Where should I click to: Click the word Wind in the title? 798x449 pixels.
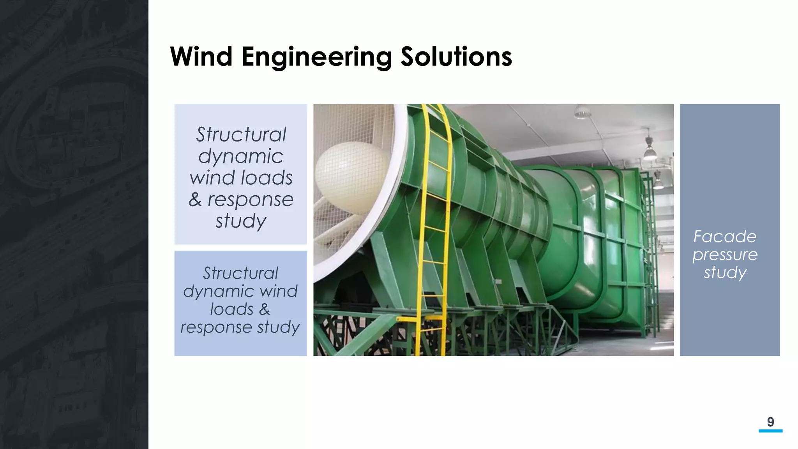[x=201, y=57]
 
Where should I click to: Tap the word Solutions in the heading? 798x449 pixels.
[x=456, y=57]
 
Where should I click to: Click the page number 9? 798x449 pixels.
[x=770, y=422]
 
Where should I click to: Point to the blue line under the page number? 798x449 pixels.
[x=770, y=431]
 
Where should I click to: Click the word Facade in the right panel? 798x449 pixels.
[x=725, y=237]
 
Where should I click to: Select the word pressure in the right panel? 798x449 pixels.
[x=725, y=255]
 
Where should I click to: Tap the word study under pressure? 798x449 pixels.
[x=725, y=272]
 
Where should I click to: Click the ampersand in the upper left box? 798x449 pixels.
[x=195, y=200]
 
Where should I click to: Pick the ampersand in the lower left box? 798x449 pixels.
[x=264, y=309]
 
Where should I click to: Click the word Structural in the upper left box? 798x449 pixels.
[x=241, y=135]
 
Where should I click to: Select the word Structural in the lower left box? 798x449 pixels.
[x=240, y=273]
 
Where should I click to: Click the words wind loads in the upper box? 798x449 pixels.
[x=241, y=178]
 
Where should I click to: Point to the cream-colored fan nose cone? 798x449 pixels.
[x=351, y=177]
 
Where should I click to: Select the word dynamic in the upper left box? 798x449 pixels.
[x=240, y=157]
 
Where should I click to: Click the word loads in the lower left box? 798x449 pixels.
[x=231, y=309]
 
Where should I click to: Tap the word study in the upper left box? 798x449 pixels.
[x=240, y=221]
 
